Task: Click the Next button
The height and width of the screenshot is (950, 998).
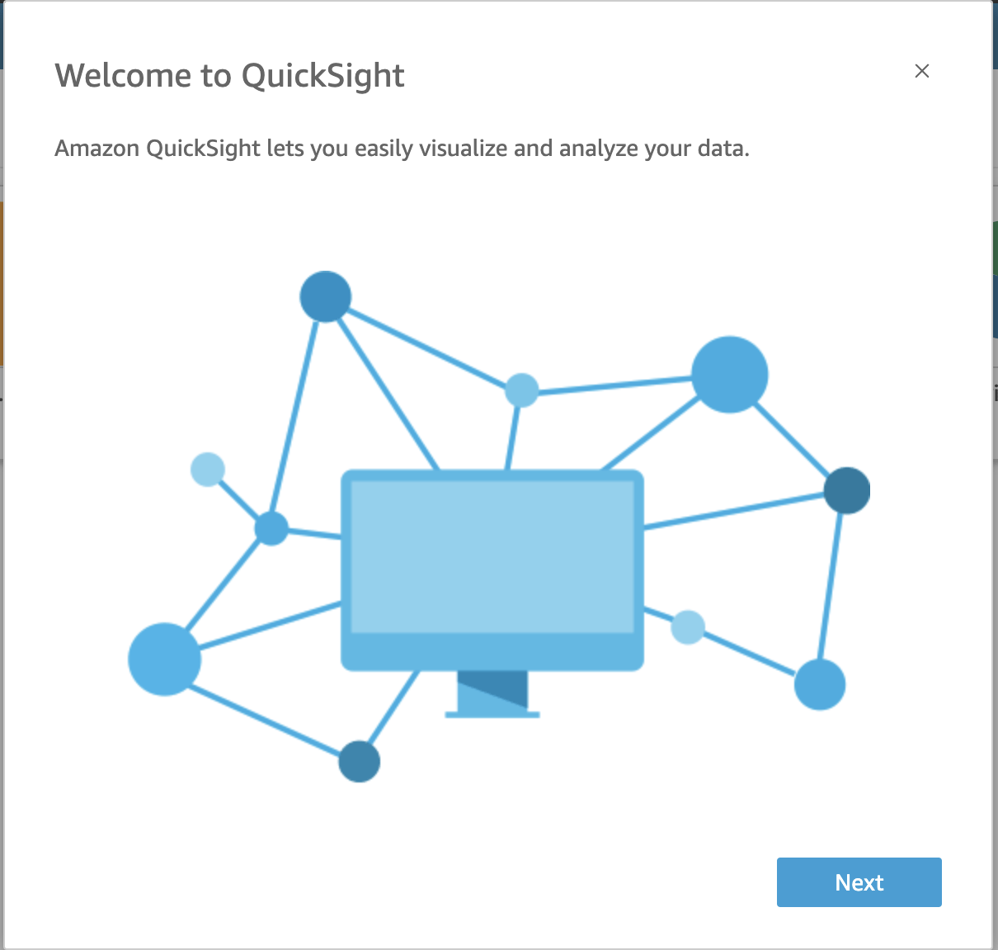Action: click(x=859, y=882)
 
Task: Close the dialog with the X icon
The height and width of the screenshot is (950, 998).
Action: click(x=922, y=71)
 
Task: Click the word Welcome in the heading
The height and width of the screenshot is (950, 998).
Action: click(x=123, y=76)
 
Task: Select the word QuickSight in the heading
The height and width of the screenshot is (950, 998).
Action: click(x=322, y=76)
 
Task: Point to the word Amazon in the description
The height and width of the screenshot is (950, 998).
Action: click(x=97, y=149)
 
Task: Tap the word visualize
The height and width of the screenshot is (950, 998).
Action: click(x=464, y=149)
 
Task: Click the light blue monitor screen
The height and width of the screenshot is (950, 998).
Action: click(x=492, y=557)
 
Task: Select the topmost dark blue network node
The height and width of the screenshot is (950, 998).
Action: click(x=326, y=296)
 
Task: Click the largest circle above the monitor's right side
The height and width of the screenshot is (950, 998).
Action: click(x=730, y=375)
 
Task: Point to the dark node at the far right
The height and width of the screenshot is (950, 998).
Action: click(x=847, y=490)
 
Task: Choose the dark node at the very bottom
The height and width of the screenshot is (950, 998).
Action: click(x=360, y=761)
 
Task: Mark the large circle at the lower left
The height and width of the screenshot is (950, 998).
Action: click(x=165, y=659)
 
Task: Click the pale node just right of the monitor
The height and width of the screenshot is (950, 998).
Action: click(x=688, y=627)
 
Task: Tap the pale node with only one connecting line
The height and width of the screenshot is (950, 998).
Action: click(x=208, y=470)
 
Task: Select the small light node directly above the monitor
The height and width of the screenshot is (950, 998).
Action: click(x=521, y=390)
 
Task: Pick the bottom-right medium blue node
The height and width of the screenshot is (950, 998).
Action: click(x=820, y=684)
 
